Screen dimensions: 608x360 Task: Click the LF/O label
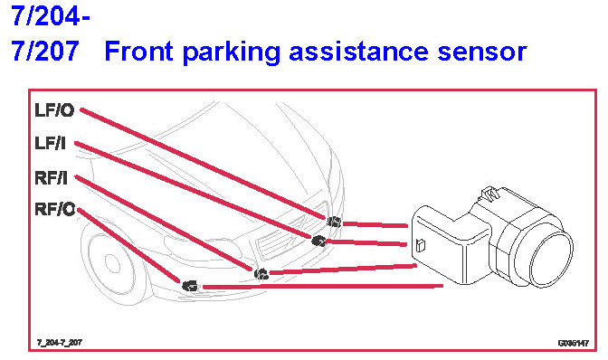pyautogui.click(x=54, y=110)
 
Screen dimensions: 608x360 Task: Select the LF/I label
pyautogui.click(x=50, y=144)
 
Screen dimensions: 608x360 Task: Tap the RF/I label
pyautogui.click(x=51, y=178)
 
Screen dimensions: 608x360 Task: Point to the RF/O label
pyautogui.click(x=54, y=209)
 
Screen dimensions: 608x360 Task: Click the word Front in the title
pyautogui.click(x=138, y=52)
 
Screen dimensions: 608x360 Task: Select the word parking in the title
pyautogui.click(x=231, y=52)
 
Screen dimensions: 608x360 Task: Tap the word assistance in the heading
pyautogui.click(x=358, y=52)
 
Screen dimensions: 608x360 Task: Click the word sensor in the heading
pyautogui.click(x=482, y=53)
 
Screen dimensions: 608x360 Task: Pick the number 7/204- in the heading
pyautogui.click(x=51, y=16)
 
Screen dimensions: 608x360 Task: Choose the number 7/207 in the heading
pyautogui.click(x=45, y=52)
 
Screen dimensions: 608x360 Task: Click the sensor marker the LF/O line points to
pyautogui.click(x=334, y=222)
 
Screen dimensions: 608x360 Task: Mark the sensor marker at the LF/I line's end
pyautogui.click(x=318, y=241)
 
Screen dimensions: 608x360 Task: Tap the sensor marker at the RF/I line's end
pyautogui.click(x=261, y=274)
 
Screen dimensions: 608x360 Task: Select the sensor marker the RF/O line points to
pyautogui.click(x=190, y=286)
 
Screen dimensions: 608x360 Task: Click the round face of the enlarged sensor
pyautogui.click(x=551, y=259)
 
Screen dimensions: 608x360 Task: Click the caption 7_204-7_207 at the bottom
pyautogui.click(x=60, y=343)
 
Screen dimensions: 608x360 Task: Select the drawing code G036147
pyautogui.click(x=574, y=343)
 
